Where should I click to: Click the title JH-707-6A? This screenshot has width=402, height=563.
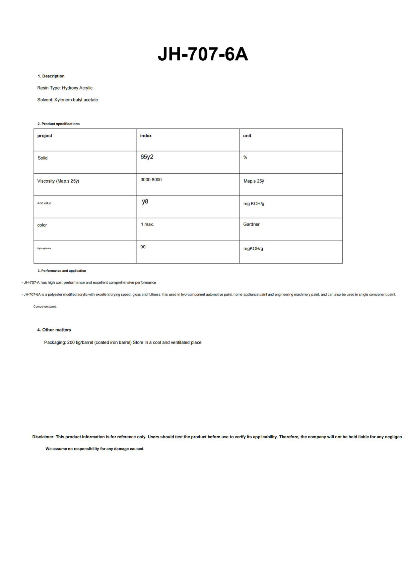(x=203, y=54)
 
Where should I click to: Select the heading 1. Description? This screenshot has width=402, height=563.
(x=51, y=76)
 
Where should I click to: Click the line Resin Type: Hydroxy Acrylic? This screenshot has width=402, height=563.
(x=65, y=88)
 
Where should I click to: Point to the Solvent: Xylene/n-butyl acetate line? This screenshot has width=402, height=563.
(x=67, y=100)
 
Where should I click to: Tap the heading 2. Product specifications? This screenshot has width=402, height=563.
(x=58, y=124)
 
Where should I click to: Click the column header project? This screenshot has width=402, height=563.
(x=45, y=136)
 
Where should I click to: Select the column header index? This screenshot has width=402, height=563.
(x=146, y=136)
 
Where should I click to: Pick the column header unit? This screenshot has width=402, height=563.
(x=247, y=136)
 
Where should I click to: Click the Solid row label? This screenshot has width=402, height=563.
(x=43, y=158)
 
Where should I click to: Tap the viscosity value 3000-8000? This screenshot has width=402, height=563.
(x=151, y=180)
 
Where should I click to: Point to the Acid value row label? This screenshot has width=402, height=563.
(x=44, y=203)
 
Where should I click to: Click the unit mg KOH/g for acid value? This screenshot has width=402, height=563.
(x=254, y=204)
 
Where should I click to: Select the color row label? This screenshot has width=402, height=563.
(x=42, y=225)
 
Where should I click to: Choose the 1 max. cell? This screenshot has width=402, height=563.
(x=147, y=225)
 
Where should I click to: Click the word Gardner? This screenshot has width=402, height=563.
(x=251, y=225)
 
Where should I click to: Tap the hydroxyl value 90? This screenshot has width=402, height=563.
(x=143, y=247)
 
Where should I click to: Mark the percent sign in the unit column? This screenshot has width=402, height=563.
(x=245, y=158)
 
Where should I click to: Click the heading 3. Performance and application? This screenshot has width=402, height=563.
(x=62, y=271)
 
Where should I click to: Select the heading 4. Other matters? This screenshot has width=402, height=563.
(x=54, y=330)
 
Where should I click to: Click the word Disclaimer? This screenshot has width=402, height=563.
(x=43, y=437)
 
